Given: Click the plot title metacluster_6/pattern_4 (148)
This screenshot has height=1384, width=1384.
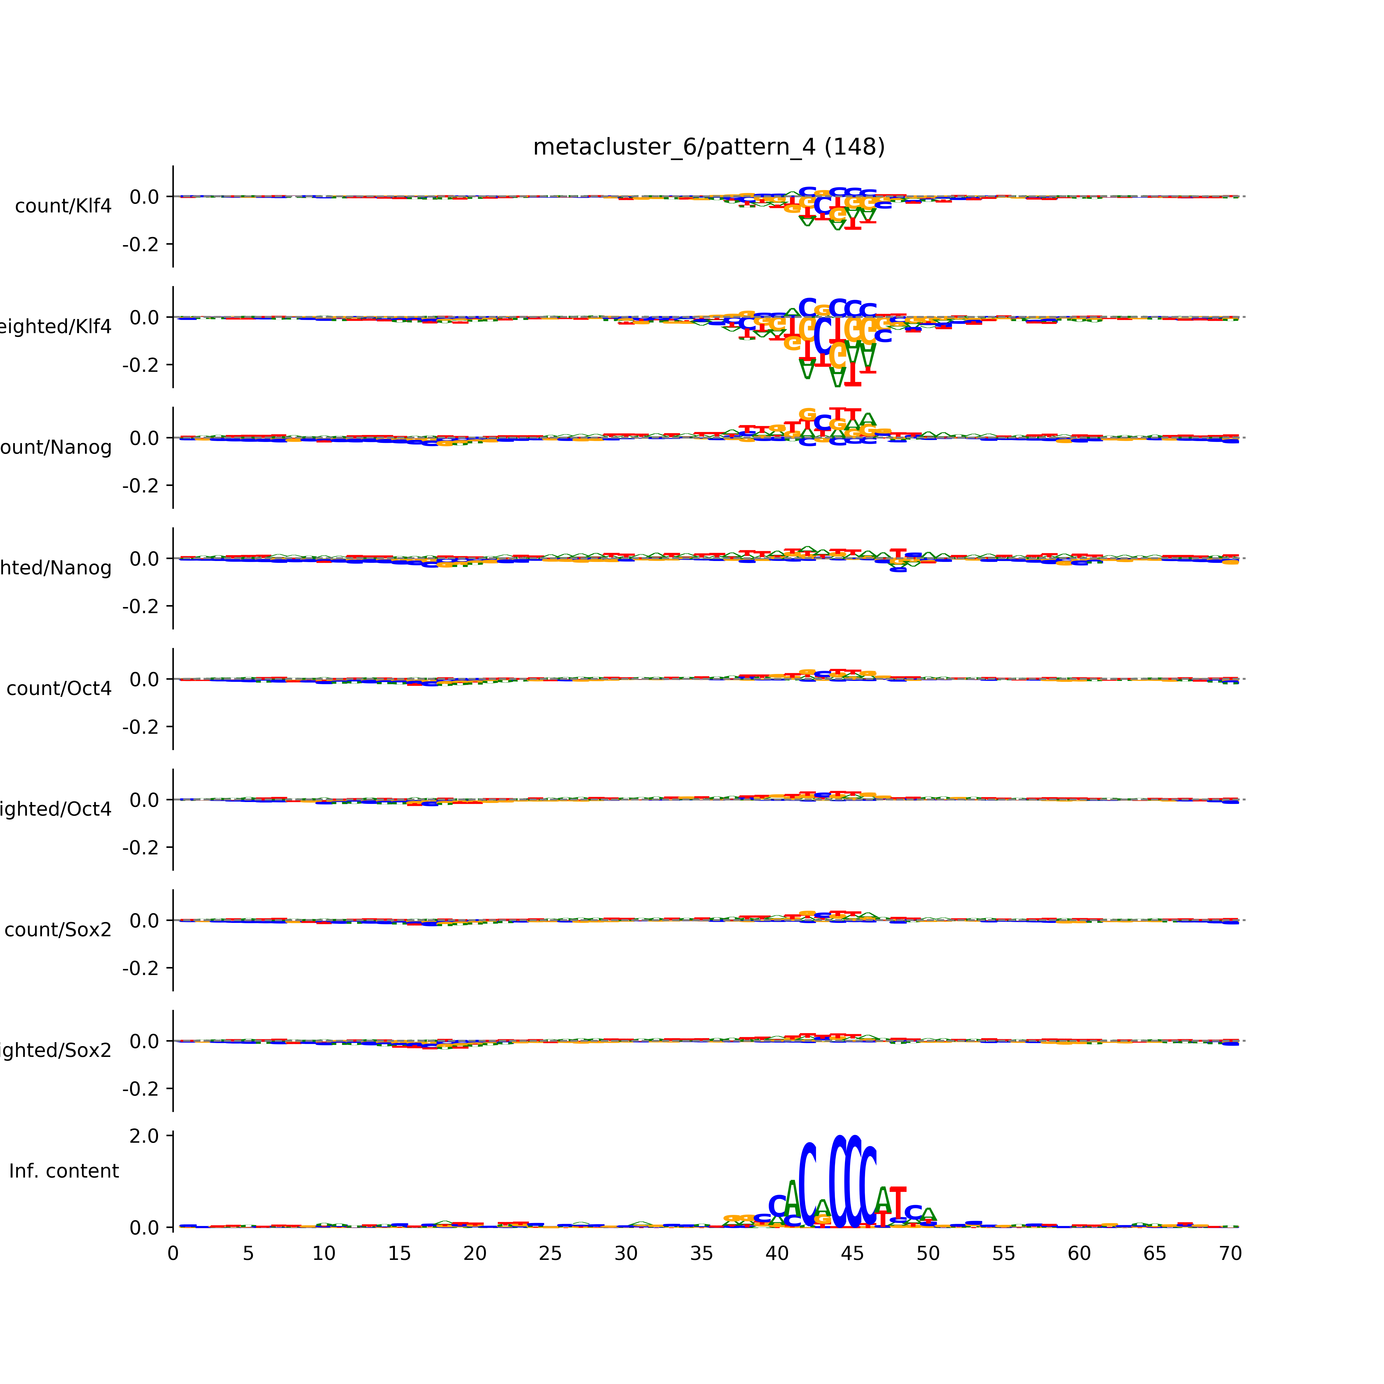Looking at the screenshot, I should (708, 147).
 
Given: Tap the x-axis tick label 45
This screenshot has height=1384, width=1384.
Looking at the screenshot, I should (853, 1254).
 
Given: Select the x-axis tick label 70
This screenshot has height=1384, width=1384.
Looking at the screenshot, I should (1230, 1254).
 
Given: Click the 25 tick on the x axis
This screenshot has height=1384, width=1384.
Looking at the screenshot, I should (550, 1254).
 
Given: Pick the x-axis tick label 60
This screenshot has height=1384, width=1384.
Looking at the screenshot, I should (1079, 1254).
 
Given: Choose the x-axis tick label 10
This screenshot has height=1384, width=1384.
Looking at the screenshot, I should (324, 1254).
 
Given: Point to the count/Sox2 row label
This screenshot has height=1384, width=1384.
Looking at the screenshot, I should (58, 930).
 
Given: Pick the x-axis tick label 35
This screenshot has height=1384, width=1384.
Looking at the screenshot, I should (701, 1254).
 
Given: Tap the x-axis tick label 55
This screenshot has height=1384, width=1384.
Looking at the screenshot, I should (1004, 1254).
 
